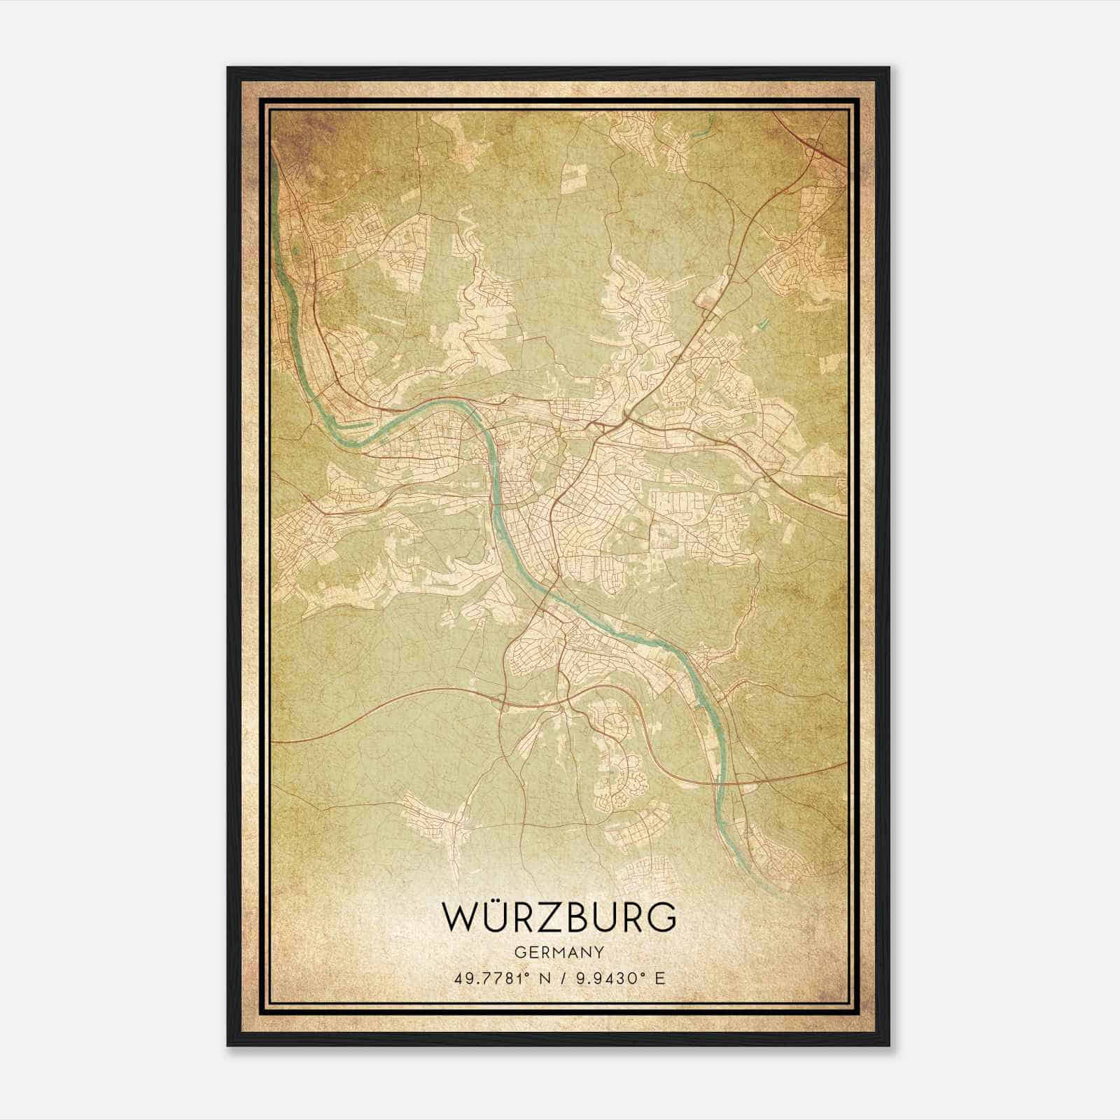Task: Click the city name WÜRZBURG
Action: [x=559, y=918]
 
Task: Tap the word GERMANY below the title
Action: [x=559, y=952]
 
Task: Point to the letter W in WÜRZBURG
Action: [x=458, y=918]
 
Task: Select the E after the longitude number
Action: [x=659, y=978]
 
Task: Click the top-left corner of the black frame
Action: [x=229, y=69]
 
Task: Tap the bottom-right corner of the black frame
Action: [x=888, y=1044]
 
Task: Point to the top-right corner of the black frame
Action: [x=888, y=69]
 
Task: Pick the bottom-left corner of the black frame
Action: [x=229, y=1044]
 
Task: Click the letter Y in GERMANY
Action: [x=599, y=952]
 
